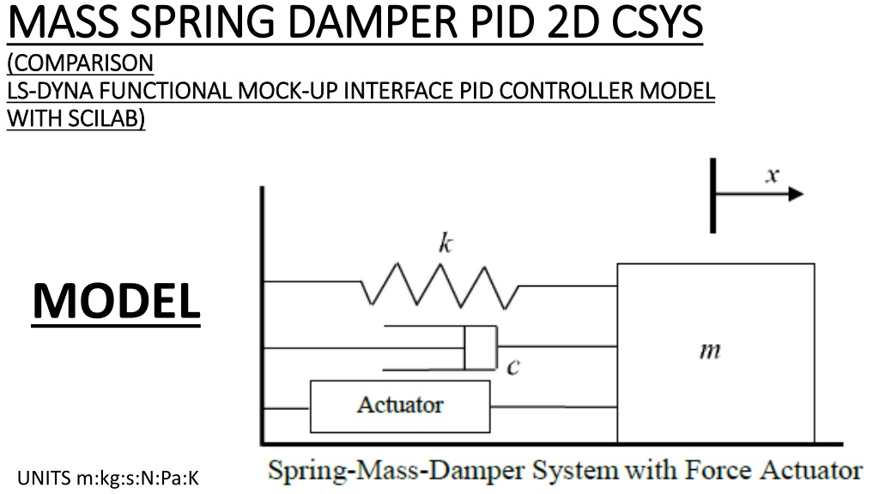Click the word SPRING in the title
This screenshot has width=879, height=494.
tap(204, 21)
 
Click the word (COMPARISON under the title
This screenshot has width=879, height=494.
tap(80, 63)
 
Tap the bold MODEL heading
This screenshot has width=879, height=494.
tap(117, 301)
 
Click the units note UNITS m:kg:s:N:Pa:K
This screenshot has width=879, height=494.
tap(108, 479)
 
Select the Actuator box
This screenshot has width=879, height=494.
tap(400, 407)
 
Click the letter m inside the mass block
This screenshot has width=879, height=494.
tap(710, 351)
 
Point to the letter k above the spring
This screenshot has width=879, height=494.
tap(446, 244)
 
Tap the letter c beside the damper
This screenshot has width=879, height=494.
tap(513, 367)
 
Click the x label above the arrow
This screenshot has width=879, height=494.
tap(773, 175)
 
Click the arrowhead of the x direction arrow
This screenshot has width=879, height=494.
tap(796, 195)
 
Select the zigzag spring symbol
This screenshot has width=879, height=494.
tap(439, 286)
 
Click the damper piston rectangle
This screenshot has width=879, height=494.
tap(481, 348)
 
